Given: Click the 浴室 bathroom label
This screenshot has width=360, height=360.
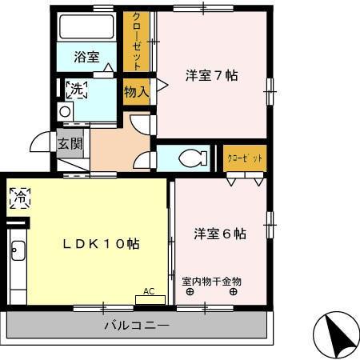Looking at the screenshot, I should pyautogui.click(x=86, y=57).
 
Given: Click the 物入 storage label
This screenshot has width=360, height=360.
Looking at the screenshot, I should pyautogui.click(x=137, y=91).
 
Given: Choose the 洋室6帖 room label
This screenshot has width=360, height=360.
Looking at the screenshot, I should pyautogui.click(x=219, y=234).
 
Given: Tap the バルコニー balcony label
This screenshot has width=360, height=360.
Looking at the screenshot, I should pyautogui.click(x=136, y=326).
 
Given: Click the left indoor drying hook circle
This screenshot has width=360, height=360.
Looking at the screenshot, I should pyautogui.click(x=190, y=292).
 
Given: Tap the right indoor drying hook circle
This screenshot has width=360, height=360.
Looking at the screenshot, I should pyautogui.click(x=233, y=292).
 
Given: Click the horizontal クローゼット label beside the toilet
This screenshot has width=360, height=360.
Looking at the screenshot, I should pyautogui.click(x=244, y=157).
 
